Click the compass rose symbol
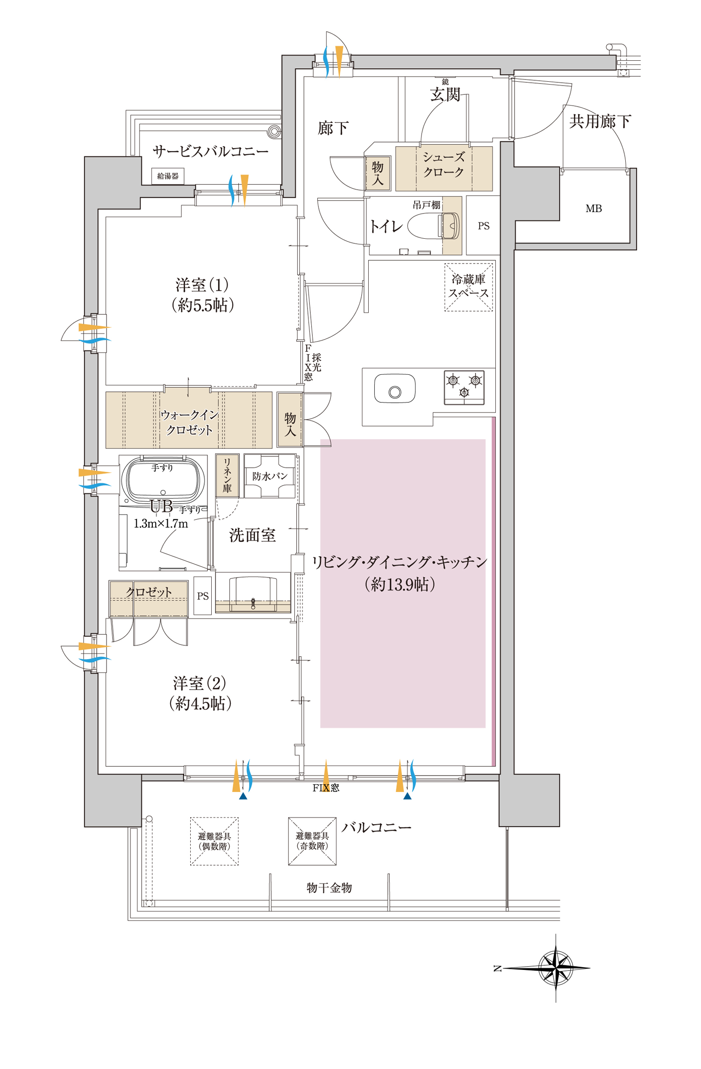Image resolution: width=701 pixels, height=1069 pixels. tap(555, 968)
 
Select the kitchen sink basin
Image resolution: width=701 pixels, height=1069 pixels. tap(395, 388)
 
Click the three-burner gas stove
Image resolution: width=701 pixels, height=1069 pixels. tap(464, 387)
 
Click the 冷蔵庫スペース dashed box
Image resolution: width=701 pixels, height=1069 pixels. tap(468, 287)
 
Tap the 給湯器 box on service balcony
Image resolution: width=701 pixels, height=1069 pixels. tap(168, 176)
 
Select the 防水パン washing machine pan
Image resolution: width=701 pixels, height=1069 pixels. tap(270, 476)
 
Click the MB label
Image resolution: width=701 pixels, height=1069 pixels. tap(594, 209)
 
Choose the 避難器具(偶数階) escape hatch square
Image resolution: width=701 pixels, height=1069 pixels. tap(215, 841)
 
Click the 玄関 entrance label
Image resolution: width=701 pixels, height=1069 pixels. tap(445, 95)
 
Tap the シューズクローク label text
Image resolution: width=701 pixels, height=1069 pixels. tap(443, 164)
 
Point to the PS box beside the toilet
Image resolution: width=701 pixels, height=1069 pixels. tap(483, 226)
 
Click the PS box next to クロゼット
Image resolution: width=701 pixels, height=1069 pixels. tap(203, 596)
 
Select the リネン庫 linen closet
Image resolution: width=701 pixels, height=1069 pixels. tap(227, 475)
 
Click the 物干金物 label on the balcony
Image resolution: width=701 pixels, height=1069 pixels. tap(329, 887)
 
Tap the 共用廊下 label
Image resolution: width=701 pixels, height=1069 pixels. tap(600, 121)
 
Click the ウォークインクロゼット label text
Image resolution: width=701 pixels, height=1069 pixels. tap(189, 422)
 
